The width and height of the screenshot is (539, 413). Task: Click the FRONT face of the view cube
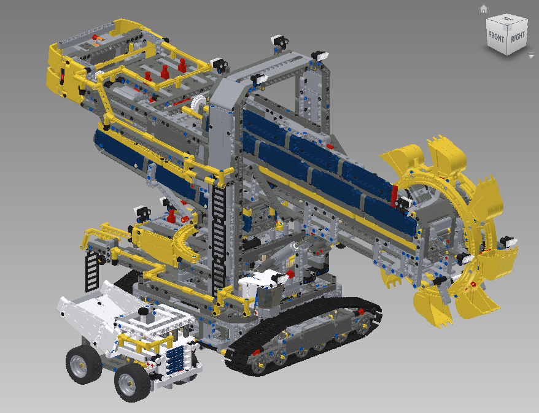point(497,36)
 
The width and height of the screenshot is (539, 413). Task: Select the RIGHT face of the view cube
point(518,36)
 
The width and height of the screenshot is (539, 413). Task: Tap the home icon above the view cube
point(484,9)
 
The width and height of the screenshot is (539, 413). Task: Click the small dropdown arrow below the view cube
point(531,55)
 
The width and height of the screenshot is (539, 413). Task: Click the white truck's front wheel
point(133,382)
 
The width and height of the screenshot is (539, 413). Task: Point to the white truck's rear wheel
point(83,364)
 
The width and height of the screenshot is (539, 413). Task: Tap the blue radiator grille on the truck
point(176,360)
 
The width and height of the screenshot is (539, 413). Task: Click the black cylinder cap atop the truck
point(143,312)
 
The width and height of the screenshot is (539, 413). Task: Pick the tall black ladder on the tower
point(219,237)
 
